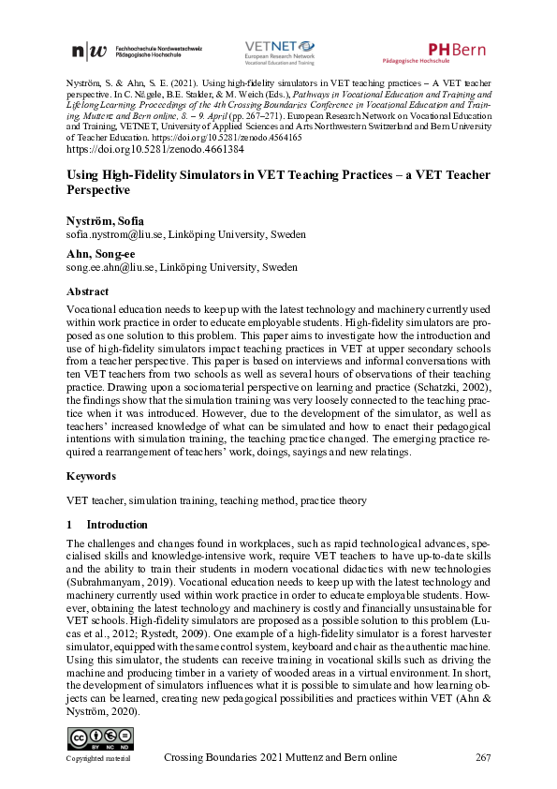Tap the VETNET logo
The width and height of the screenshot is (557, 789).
coord(279,51)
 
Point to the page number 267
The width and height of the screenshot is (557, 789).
coord(483,757)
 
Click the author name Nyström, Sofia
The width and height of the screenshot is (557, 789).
coord(105,221)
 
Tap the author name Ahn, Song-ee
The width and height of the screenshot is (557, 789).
coord(99,253)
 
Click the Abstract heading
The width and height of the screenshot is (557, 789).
coord(89,290)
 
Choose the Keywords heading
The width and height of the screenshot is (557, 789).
coord(91,476)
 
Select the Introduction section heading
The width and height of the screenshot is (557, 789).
coord(117,525)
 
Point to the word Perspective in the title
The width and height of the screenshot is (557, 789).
coord(98,189)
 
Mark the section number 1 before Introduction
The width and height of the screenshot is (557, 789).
coord(70,525)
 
